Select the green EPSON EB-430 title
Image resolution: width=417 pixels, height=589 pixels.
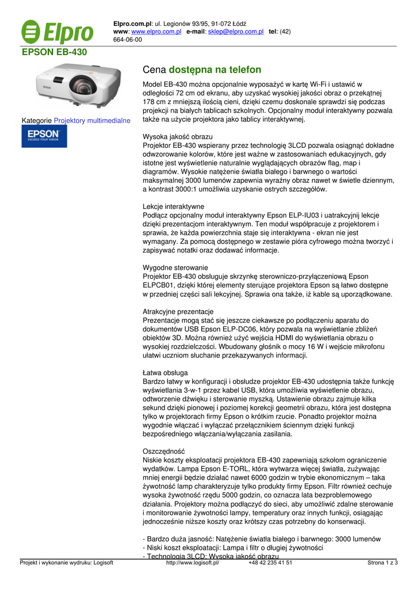[x=55, y=52]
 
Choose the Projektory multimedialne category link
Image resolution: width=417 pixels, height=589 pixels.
[x=92, y=121]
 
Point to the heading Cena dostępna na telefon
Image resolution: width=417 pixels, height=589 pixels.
[x=201, y=70]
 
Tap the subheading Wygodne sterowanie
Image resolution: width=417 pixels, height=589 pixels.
[x=175, y=267]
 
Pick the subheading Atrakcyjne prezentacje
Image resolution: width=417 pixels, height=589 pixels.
[x=178, y=311]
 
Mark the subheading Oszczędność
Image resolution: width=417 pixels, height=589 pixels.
[x=163, y=452]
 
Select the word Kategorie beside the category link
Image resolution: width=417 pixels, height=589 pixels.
[x=37, y=121]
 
